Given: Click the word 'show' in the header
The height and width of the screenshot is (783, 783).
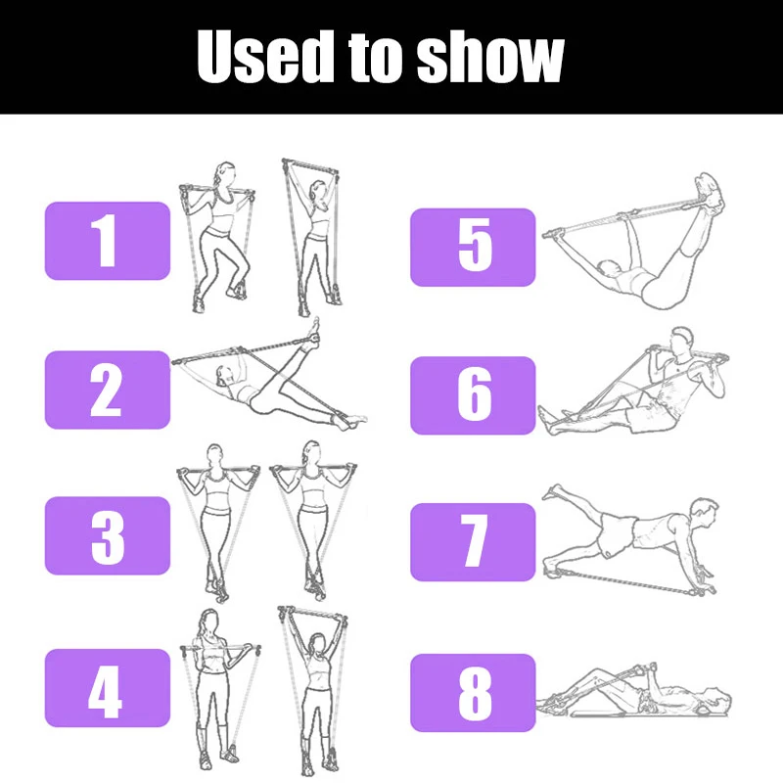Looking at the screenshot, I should pyautogui.click(x=490, y=57).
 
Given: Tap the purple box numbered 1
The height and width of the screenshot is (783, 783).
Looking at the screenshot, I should pyautogui.click(x=108, y=241).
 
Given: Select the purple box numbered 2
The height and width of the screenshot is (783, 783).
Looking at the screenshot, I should pyautogui.click(x=108, y=390).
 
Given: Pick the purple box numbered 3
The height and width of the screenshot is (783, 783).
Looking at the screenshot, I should pyautogui.click(x=108, y=535).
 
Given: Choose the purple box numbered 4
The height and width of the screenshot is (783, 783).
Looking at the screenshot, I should pyautogui.click(x=108, y=688).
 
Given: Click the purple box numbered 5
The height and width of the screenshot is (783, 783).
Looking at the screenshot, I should pyautogui.click(x=473, y=247).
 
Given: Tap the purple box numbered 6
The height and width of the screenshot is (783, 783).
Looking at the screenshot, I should pyautogui.click(x=473, y=394).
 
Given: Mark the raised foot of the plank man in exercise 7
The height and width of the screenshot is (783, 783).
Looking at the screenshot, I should pyautogui.click(x=552, y=491).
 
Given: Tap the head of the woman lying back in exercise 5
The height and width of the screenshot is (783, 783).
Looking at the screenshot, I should pyautogui.click(x=608, y=269).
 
